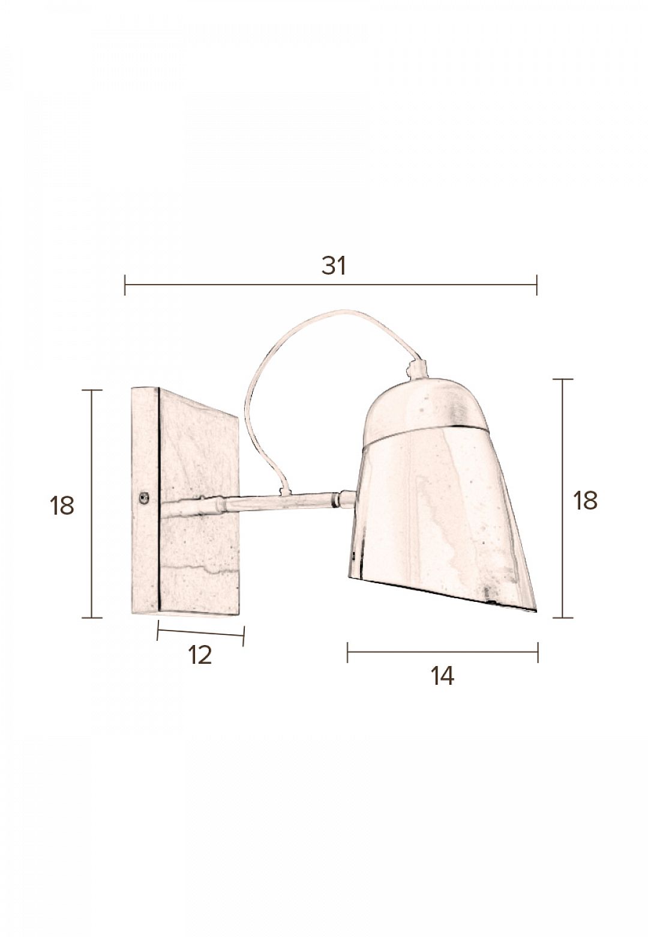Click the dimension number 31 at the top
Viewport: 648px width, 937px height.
coord(334,265)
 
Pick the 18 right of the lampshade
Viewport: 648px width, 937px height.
coord(585,500)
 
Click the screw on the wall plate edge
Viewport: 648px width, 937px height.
coord(145,497)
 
